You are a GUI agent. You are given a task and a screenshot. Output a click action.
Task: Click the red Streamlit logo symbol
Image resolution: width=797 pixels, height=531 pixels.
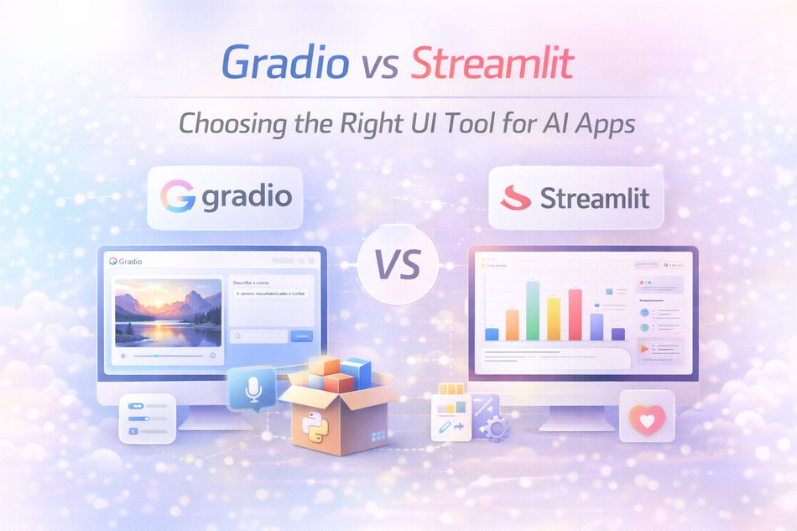click(x=516, y=199)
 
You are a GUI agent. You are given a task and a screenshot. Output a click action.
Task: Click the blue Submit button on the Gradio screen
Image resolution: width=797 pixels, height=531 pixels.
click(x=300, y=336)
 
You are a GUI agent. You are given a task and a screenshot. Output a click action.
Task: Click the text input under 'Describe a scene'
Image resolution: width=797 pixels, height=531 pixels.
click(x=270, y=294)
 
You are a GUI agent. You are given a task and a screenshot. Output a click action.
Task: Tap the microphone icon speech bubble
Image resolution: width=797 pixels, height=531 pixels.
click(x=251, y=388)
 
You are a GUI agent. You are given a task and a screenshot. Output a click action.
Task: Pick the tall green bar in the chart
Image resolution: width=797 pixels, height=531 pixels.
click(x=533, y=310)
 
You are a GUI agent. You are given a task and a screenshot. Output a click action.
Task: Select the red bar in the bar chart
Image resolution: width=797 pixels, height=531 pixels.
click(x=575, y=314)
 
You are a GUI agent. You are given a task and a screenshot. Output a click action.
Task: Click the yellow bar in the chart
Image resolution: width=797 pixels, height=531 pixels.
click(x=554, y=318)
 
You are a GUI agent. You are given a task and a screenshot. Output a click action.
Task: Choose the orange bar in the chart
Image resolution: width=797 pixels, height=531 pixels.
click(x=513, y=324)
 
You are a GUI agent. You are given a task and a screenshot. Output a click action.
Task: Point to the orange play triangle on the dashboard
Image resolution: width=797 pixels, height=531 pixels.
click(x=644, y=346)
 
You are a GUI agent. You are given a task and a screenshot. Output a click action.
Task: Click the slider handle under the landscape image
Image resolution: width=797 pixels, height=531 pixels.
click(x=156, y=356)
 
